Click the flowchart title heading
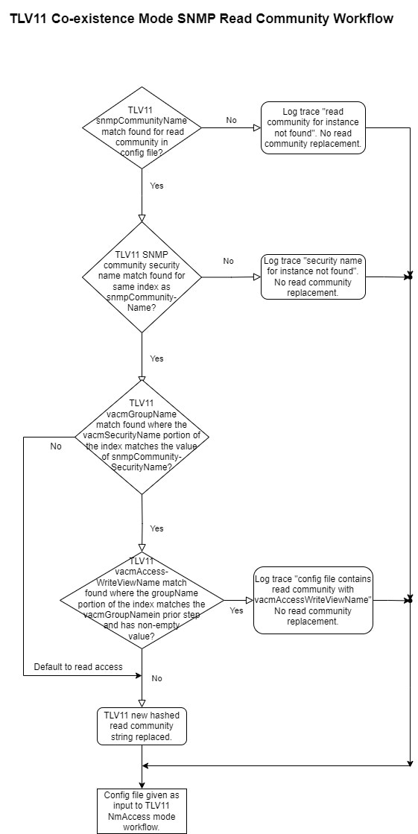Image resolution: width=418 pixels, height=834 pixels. point(202,19)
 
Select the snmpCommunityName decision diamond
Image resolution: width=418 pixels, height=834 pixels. point(142,127)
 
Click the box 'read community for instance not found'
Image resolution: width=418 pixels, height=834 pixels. point(313,127)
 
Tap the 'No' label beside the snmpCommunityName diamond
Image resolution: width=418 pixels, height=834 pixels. point(231,120)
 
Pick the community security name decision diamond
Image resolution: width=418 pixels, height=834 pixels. point(142,277)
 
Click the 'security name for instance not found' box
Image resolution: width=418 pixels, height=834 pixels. point(313,277)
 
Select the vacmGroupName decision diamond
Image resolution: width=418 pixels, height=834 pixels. point(142,437)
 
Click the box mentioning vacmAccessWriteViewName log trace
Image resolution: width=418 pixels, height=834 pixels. point(313,600)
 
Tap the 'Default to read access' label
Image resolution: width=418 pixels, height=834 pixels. point(78,666)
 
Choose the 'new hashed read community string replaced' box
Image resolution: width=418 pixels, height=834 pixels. point(142,726)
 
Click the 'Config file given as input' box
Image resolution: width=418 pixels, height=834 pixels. point(142,811)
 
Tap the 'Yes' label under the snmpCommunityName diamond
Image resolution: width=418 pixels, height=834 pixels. point(157,186)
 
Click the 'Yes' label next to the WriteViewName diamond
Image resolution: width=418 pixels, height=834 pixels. point(237,610)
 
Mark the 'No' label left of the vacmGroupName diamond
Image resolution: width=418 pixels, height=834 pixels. point(56,446)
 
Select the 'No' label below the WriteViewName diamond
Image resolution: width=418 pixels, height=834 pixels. point(157,678)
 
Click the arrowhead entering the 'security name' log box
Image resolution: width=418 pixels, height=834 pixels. point(257,277)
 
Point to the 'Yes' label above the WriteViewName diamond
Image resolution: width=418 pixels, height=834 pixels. point(157,528)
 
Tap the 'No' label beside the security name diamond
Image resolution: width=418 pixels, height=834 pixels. point(228,261)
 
